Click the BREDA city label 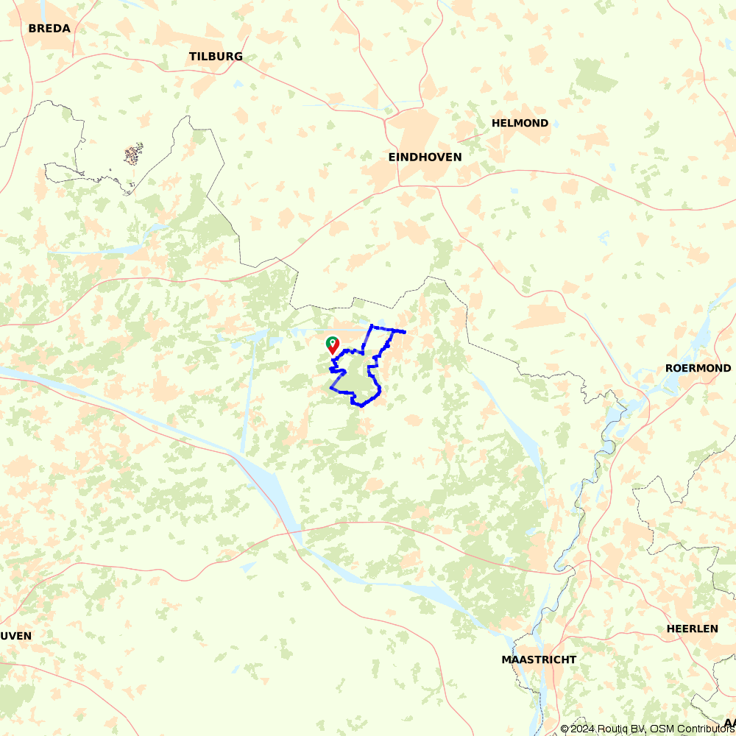click(x=49, y=29)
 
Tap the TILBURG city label click(x=216, y=57)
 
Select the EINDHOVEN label click(x=425, y=158)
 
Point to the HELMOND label click(x=520, y=124)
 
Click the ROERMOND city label click(x=698, y=368)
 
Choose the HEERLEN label click(x=692, y=629)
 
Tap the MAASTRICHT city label click(x=539, y=659)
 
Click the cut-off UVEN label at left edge click(x=15, y=635)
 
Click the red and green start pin click(x=333, y=344)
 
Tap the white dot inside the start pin click(x=333, y=342)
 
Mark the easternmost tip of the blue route click(x=405, y=332)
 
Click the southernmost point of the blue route click(x=361, y=406)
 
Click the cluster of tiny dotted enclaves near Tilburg click(x=133, y=155)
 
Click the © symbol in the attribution click(x=565, y=729)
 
